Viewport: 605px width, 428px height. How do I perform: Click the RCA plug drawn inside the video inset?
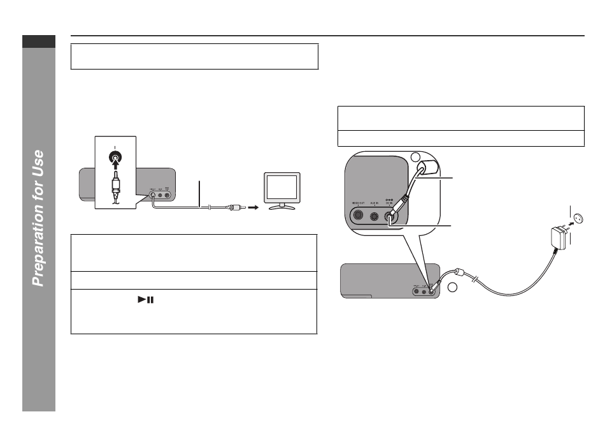coord(116,188)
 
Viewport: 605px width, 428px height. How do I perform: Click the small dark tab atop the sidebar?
coord(39,41)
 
